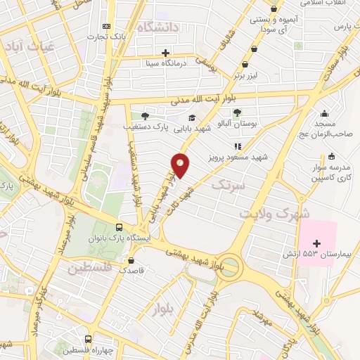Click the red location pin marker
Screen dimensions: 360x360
click(x=181, y=165)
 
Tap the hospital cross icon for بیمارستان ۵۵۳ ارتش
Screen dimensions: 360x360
click(x=316, y=243)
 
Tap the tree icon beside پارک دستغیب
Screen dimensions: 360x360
click(x=145, y=116)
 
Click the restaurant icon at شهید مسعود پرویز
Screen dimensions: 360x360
click(x=238, y=147)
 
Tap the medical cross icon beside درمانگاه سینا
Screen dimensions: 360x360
click(x=166, y=53)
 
